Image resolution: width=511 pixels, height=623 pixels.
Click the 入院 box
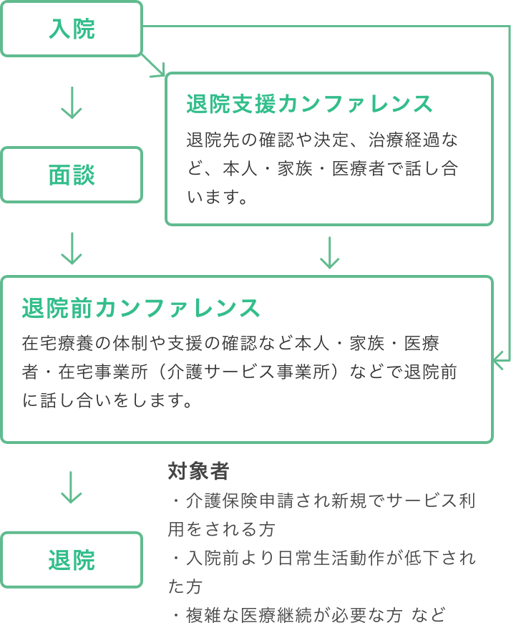[x=72, y=29]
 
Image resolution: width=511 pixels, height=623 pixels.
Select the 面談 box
[x=72, y=175]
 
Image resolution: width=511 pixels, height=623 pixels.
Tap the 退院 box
[x=72, y=559]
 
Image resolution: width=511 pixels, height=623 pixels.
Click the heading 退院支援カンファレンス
[x=309, y=104]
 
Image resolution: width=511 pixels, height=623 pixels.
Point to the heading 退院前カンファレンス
[x=141, y=308]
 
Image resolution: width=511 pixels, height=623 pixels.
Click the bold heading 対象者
[x=198, y=471]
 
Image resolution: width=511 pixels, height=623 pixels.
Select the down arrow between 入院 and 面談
[x=72, y=102]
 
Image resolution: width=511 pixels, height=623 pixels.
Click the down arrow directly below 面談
[x=72, y=248]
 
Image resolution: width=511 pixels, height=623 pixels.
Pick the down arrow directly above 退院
[x=72, y=487]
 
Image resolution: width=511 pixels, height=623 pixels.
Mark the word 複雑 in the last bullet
[x=205, y=614]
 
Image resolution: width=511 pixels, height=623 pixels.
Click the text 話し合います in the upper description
[x=401, y=169]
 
